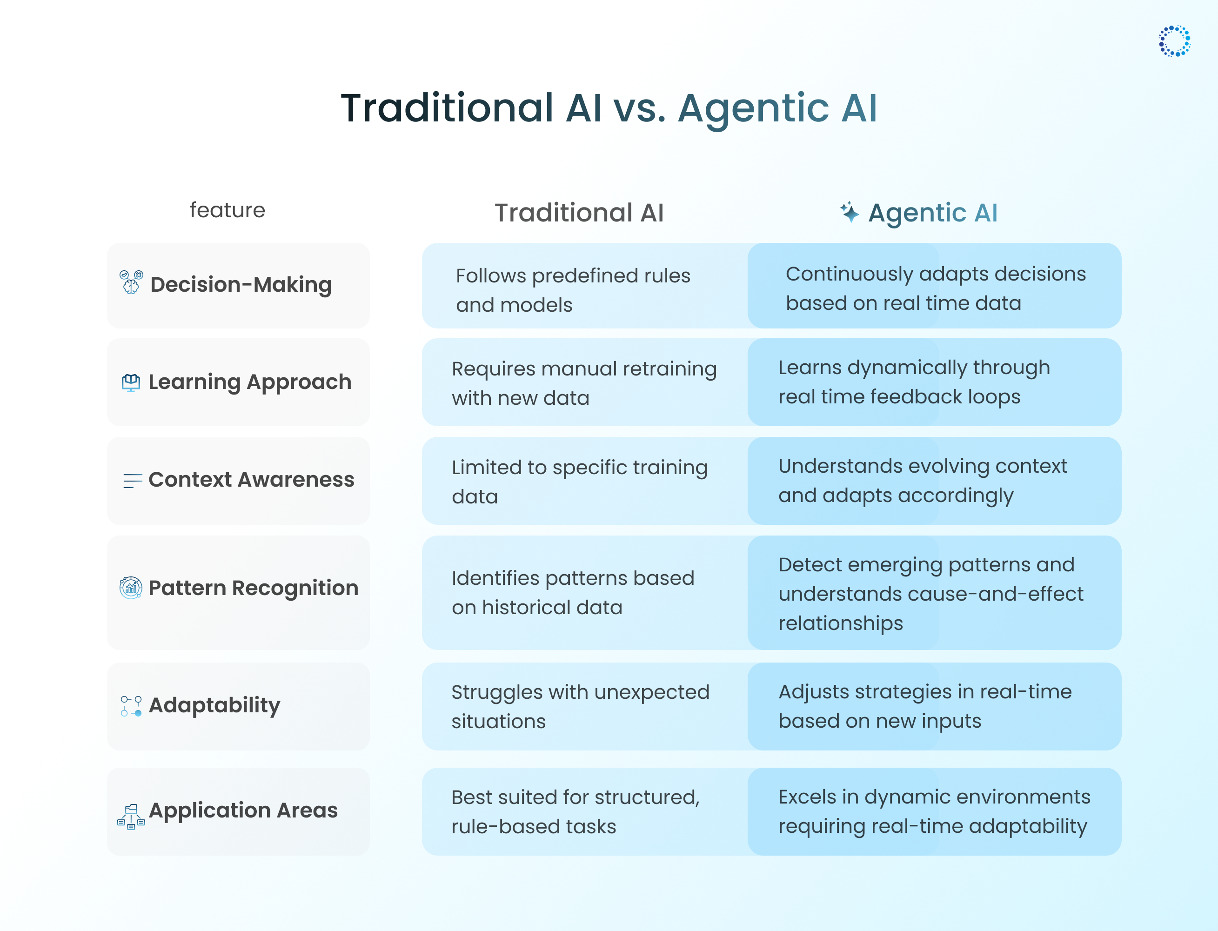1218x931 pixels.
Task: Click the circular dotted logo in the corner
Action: [x=1174, y=41]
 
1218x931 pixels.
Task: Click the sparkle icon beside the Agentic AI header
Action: [x=849, y=212]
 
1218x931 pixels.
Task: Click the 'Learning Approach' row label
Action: [x=250, y=382]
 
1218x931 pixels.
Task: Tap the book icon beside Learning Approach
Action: [x=131, y=382]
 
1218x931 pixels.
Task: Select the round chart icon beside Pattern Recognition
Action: [x=131, y=588]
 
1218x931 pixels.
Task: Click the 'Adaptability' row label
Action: [x=214, y=705]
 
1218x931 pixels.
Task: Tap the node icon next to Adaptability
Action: [x=131, y=706]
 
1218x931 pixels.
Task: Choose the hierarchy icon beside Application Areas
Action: [x=131, y=816]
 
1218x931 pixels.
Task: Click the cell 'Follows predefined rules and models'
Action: [x=573, y=290]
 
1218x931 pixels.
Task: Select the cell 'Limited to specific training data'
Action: [x=579, y=482]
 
